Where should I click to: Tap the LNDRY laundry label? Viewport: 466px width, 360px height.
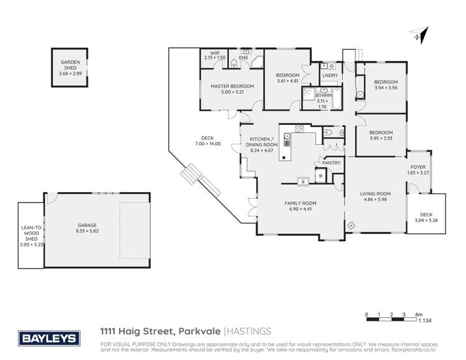click(x=329, y=76)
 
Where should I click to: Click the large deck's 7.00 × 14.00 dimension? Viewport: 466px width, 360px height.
click(x=207, y=144)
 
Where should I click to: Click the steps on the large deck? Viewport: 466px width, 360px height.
click(x=199, y=181)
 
